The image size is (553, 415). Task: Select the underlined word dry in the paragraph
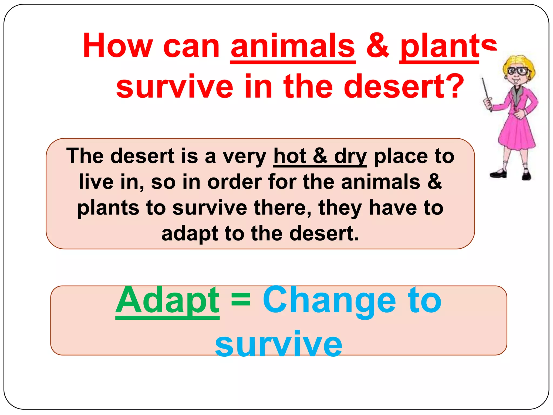tap(350, 157)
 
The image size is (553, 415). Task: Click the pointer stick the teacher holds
tap(486, 92)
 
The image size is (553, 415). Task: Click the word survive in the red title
tap(174, 86)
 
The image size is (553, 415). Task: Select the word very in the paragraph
tap(244, 157)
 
